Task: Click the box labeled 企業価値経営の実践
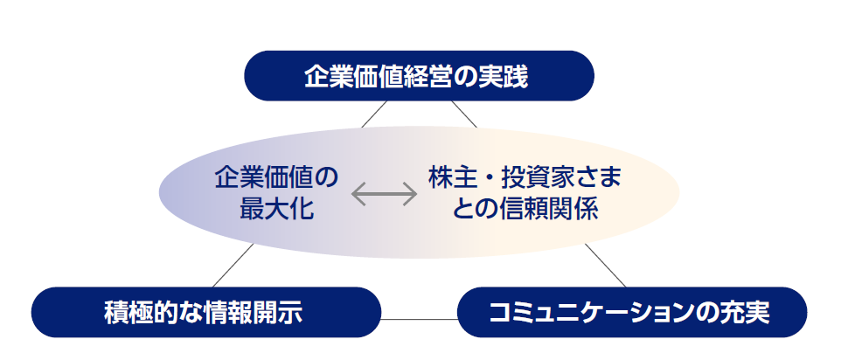419,76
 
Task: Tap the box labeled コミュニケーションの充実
630,312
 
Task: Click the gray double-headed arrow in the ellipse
384,194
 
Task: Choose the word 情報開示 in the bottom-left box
261,312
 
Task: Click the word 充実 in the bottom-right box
747,312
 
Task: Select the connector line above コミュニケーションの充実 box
606,266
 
